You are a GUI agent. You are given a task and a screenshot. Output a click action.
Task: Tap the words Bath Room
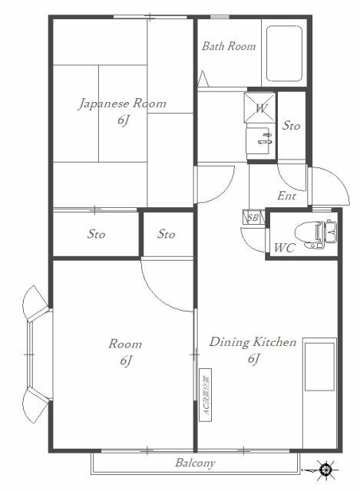point(229,46)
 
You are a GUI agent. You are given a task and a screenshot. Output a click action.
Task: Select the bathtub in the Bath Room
point(285,55)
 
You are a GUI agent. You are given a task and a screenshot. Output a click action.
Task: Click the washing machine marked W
point(261,108)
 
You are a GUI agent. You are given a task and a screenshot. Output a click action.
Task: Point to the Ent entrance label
point(286,196)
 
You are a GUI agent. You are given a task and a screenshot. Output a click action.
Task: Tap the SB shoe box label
point(253,218)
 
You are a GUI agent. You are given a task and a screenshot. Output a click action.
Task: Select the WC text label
point(284,248)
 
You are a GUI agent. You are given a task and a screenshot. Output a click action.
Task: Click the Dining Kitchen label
point(253,342)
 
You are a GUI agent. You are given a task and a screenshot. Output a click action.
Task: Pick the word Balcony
point(194,463)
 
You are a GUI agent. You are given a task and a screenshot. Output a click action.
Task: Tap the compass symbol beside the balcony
point(326,468)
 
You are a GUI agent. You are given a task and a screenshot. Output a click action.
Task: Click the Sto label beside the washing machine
point(291,125)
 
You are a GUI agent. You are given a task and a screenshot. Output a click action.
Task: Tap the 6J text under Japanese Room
point(123,120)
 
